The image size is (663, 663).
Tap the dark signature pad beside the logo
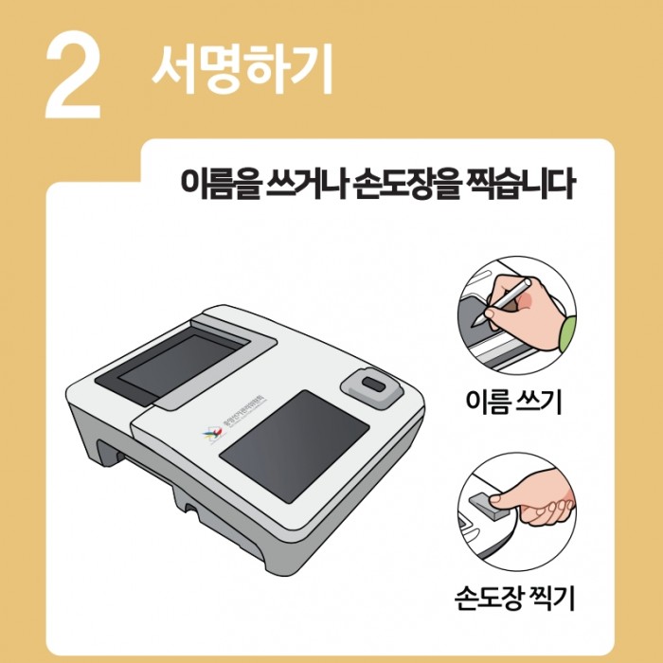click(x=294, y=438)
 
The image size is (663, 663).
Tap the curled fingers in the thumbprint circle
click(x=553, y=511)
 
